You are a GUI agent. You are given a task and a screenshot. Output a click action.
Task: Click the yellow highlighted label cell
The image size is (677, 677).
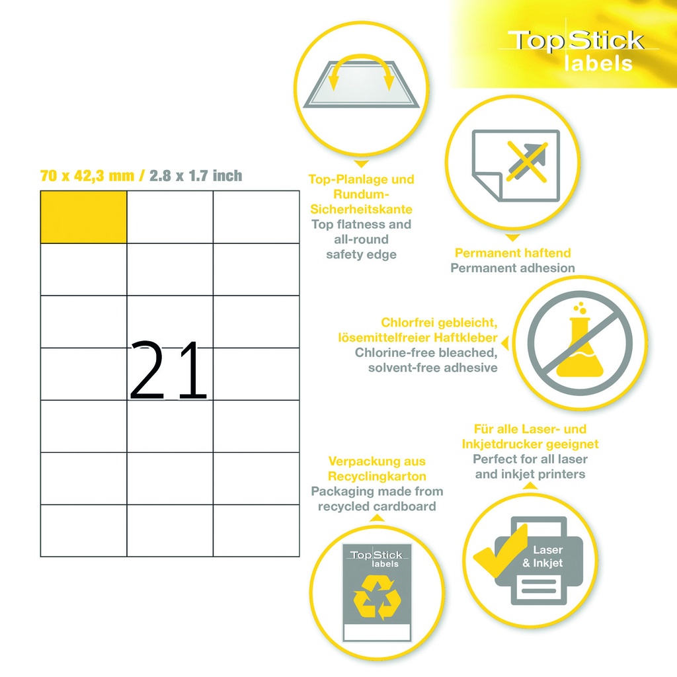coord(83,217)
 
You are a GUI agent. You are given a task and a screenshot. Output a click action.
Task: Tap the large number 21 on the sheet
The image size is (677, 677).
coord(169,370)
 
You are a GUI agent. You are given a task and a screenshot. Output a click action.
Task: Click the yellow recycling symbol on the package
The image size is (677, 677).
coord(377,597)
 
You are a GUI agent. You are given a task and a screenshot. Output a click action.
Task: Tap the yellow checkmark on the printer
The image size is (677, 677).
coord(500,551)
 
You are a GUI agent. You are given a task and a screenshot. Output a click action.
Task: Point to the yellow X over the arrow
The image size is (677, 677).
coord(527,161)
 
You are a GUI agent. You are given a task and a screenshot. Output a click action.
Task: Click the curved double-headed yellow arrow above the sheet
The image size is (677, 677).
coord(361,65)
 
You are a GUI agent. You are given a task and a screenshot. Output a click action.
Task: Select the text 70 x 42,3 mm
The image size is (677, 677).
coord(87,176)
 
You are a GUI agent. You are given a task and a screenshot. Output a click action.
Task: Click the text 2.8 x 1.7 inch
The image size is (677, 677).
coord(196,176)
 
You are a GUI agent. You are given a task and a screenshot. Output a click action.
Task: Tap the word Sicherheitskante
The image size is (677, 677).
coord(362,210)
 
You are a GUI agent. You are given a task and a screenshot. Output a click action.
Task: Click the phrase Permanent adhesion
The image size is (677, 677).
coord(512,268)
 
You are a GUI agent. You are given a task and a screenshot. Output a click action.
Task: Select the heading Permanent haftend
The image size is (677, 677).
coord(512,253)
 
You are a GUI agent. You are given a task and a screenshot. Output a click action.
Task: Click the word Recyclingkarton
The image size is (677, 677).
coord(377,476)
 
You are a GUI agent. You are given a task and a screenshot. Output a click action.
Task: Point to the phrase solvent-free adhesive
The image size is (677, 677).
coord(432,368)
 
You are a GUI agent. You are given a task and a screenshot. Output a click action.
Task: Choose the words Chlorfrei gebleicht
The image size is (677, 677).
coord(439,323)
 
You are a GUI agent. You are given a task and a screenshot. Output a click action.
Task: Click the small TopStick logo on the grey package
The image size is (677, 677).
coord(376,558)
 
